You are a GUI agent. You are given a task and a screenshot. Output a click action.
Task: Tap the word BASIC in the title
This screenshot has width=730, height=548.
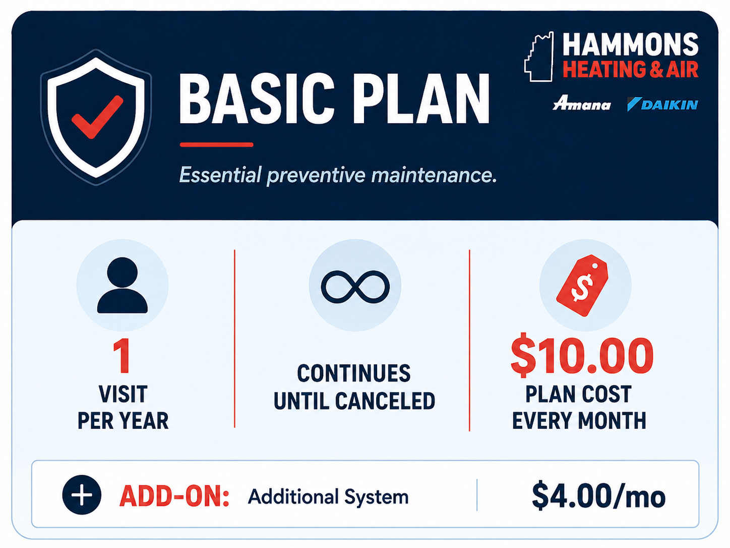tap(257, 99)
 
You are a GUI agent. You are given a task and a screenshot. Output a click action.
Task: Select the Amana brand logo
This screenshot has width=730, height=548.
tap(581, 103)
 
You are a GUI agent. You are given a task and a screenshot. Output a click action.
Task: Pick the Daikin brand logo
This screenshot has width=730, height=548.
tap(662, 104)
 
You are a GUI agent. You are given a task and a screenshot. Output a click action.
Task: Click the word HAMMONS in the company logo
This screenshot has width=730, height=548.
tap(630, 44)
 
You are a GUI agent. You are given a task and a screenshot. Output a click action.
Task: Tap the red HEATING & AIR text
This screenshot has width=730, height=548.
tap(630, 70)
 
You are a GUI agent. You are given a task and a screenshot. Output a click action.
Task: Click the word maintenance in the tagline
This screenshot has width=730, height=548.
tap(434, 175)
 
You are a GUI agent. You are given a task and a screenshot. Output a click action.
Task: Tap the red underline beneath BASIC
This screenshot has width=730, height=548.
tap(216, 145)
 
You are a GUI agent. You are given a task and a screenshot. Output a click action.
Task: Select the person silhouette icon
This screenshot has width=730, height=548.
tap(123, 285)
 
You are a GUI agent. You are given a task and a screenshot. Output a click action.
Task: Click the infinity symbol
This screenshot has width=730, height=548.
tap(355, 287)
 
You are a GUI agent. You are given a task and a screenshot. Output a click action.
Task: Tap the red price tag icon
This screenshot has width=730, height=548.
tap(582, 286)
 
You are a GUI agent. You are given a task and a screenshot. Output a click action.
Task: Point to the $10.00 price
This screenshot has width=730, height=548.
tap(582, 355)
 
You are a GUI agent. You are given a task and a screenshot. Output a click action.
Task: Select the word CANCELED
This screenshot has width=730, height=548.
tap(385, 401)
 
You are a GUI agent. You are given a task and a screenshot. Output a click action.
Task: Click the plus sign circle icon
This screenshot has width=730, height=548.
tap(82, 495)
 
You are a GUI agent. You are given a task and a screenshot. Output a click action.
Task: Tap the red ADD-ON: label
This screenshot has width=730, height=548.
tap(174, 496)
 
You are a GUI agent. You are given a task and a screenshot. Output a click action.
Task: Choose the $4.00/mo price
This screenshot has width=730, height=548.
tap(598, 496)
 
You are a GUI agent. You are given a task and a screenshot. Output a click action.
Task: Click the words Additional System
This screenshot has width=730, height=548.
tap(328, 497)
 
